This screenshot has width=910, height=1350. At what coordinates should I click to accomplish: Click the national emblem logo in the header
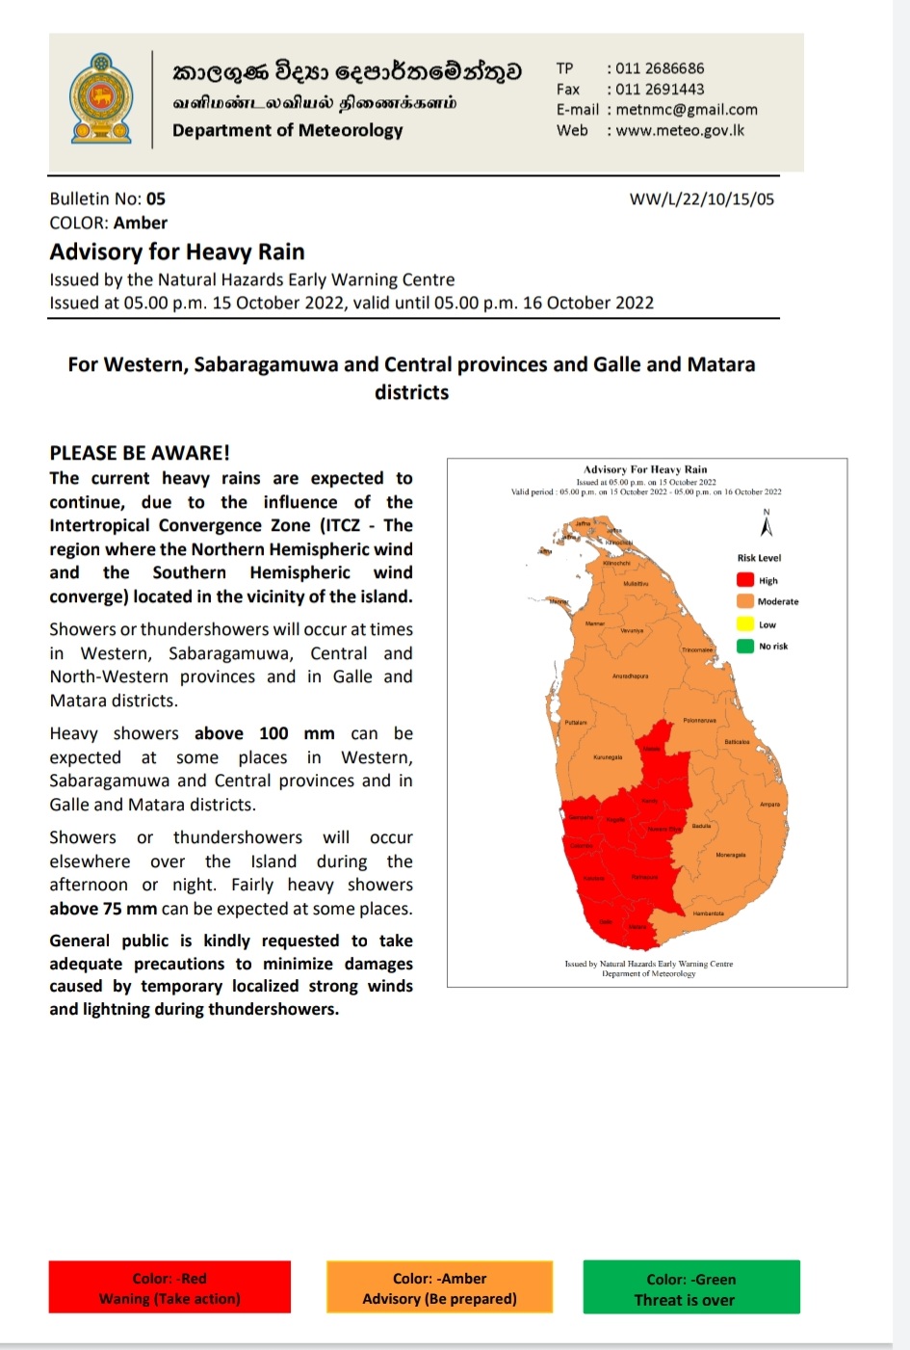click(x=100, y=99)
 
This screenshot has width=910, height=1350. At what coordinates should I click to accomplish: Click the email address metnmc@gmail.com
click(x=687, y=110)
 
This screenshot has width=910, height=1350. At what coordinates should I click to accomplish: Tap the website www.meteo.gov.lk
click(x=680, y=130)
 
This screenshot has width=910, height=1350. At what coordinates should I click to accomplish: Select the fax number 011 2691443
click(x=660, y=89)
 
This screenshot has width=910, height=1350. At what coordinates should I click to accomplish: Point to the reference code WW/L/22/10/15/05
click(x=701, y=199)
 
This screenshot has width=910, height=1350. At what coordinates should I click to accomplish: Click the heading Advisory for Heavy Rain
click(x=177, y=252)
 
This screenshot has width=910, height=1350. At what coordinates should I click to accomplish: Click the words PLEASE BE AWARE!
click(x=140, y=453)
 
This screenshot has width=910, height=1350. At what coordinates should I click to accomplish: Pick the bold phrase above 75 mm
click(x=103, y=909)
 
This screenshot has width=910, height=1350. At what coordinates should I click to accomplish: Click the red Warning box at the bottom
click(x=169, y=1288)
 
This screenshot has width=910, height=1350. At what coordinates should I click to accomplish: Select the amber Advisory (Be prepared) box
click(x=439, y=1288)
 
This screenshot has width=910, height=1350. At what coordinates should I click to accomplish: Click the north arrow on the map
click(x=767, y=525)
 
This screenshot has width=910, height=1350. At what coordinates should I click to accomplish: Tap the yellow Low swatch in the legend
click(x=745, y=624)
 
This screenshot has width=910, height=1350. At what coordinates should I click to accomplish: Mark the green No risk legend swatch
click(x=745, y=646)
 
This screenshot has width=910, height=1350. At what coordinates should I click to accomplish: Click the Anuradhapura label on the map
click(x=630, y=676)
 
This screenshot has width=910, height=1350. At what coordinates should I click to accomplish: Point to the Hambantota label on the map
click(x=708, y=913)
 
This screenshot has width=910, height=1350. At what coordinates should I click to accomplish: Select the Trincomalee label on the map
click(x=697, y=649)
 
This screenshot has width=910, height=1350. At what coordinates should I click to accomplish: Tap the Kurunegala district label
click(x=608, y=757)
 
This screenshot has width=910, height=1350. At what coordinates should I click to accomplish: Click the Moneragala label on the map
click(x=730, y=855)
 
